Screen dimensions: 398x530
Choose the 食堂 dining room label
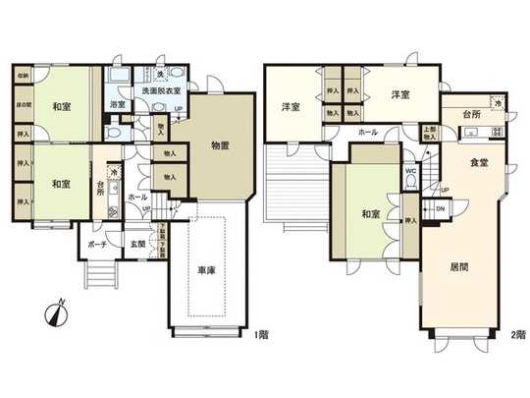coord(478,162)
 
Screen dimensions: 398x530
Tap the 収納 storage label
coord(23,75)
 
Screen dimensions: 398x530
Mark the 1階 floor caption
coord(261,335)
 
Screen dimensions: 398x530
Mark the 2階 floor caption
coord(516,335)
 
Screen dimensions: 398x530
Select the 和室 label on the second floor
coord(370,213)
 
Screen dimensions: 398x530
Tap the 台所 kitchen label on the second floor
coord(471,115)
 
